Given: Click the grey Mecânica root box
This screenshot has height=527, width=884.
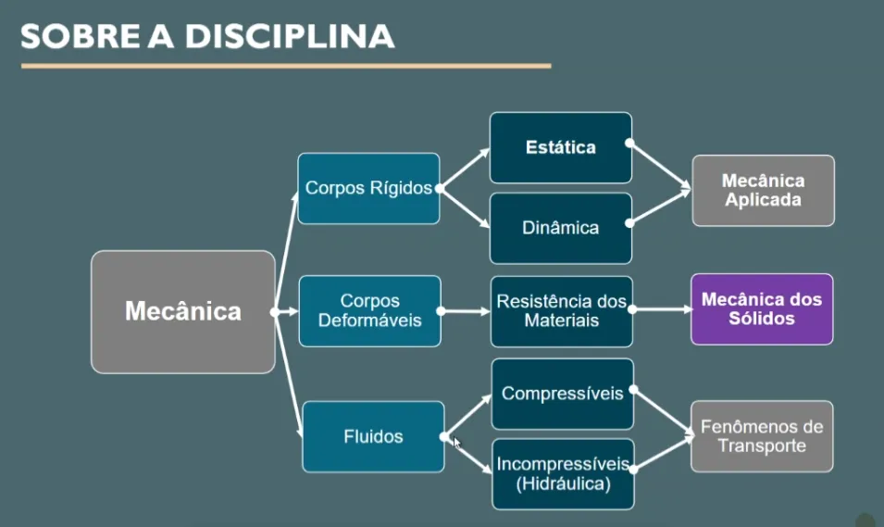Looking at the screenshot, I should point(182,311).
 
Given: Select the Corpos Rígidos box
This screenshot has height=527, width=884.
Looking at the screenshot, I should point(368,188).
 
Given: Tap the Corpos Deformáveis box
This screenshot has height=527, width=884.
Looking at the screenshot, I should point(369,310).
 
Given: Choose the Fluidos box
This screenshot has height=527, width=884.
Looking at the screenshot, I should point(373,436).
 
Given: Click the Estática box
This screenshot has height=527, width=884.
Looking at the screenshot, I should point(560,147).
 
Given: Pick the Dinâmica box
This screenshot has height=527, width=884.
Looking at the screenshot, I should point(560,228).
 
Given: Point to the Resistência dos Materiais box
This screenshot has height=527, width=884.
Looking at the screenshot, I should point(561,310).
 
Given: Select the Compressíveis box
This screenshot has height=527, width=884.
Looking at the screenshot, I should point(562,394).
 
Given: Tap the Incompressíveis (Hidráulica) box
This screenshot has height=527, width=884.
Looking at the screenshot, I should point(562,473).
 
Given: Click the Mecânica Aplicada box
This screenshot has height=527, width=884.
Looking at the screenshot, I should point(763,190).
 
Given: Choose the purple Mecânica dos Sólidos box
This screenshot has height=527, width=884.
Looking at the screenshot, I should point(761,309).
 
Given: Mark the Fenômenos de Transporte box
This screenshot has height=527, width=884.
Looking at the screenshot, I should point(761,436).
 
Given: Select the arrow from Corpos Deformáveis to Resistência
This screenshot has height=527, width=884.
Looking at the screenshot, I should point(465,311).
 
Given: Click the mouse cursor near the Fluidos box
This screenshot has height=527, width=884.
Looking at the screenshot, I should point(456,442).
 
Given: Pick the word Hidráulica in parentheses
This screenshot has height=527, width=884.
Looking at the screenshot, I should point(562,483).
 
